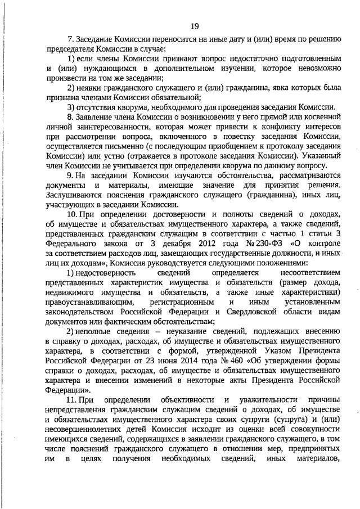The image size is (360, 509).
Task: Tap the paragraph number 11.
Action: [72, 399]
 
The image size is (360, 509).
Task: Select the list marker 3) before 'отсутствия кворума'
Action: [71, 107]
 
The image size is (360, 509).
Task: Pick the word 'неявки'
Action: [91, 88]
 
